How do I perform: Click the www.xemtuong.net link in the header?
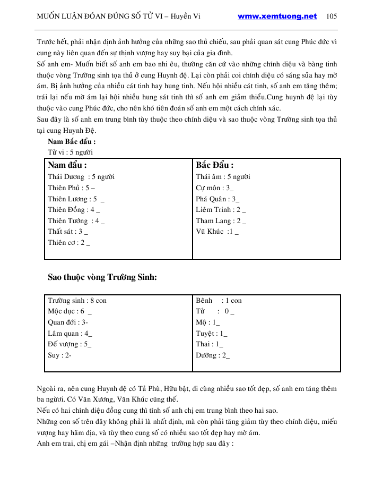point(277,16)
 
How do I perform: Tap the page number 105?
point(332,16)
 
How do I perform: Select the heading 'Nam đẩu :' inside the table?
point(67,165)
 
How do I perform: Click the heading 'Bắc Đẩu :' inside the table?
point(214,165)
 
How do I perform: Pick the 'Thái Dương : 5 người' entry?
point(81,177)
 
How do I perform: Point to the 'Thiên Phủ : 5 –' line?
point(72,188)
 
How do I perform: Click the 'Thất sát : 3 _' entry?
point(68,232)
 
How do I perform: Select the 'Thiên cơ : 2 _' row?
point(68,243)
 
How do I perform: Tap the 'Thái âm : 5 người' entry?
point(223,177)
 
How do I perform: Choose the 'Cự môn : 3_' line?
point(214,188)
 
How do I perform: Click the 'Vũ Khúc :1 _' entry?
point(217,232)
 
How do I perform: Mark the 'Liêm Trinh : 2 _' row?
point(221,210)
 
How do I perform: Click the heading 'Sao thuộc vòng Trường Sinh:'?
point(102,277)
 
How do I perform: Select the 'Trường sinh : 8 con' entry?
point(77,301)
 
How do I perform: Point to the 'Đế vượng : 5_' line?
point(69,344)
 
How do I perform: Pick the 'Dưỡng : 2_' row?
point(213,355)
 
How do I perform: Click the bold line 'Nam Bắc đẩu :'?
point(72,142)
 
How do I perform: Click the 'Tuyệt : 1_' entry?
point(211,334)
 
